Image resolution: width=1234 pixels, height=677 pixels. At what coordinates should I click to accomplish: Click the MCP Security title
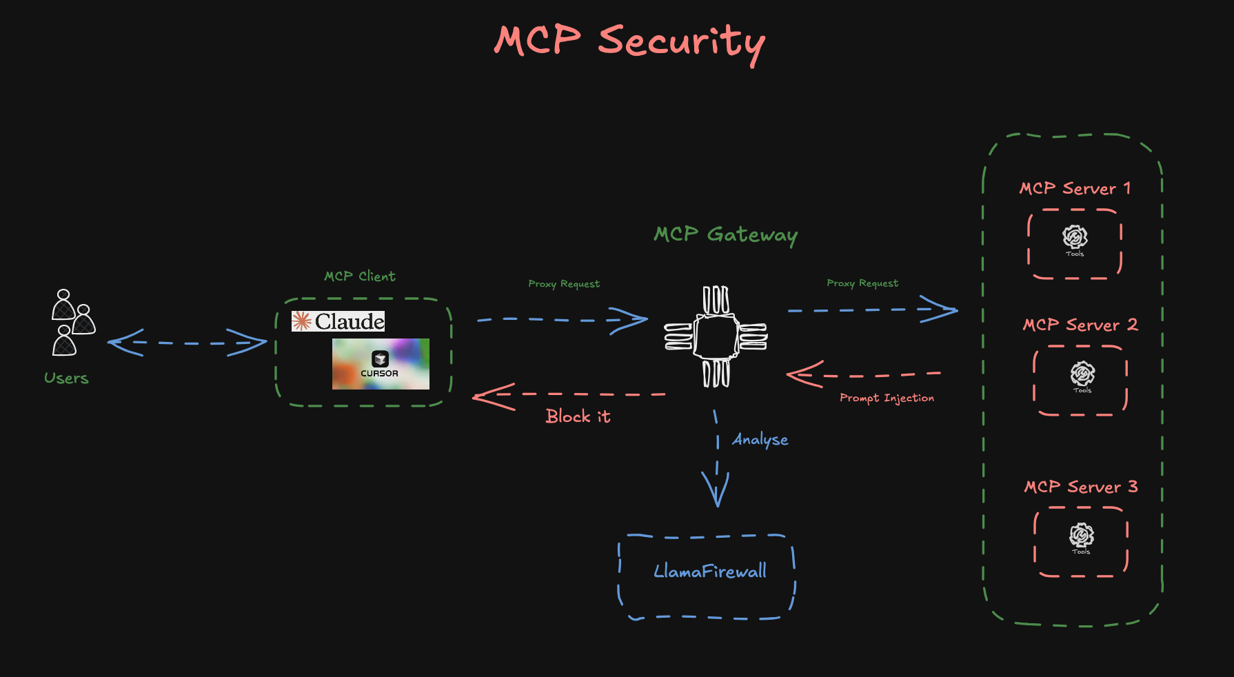pyautogui.click(x=629, y=41)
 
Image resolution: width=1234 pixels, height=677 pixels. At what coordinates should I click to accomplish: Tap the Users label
pyautogui.click(x=66, y=378)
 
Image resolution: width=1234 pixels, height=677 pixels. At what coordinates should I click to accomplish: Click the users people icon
pyautogui.click(x=72, y=323)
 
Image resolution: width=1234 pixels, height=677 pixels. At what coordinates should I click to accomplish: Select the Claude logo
pyautogui.click(x=338, y=321)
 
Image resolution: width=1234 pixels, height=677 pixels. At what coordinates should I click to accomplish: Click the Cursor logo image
pyautogui.click(x=381, y=364)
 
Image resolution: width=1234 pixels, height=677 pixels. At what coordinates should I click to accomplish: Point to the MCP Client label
pyautogui.click(x=359, y=276)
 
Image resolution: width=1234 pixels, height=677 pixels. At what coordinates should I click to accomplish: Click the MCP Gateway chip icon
pyautogui.click(x=716, y=336)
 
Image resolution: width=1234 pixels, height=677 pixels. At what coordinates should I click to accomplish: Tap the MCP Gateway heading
pyautogui.click(x=725, y=234)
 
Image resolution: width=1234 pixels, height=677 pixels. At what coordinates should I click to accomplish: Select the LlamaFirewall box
pyautogui.click(x=708, y=576)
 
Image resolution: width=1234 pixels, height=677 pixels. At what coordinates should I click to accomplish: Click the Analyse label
pyautogui.click(x=760, y=440)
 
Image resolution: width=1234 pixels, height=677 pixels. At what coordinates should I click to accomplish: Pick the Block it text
pyautogui.click(x=578, y=416)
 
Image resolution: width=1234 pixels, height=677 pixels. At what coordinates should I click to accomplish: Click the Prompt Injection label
pyautogui.click(x=887, y=398)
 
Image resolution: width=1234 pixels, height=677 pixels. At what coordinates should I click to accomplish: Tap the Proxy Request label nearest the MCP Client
pyautogui.click(x=564, y=284)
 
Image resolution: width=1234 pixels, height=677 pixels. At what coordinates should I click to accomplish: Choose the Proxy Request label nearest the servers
pyautogui.click(x=862, y=283)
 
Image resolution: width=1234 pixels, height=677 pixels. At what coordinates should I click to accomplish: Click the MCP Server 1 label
pyautogui.click(x=1075, y=188)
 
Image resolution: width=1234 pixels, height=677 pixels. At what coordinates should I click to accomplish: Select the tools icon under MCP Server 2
pyautogui.click(x=1082, y=375)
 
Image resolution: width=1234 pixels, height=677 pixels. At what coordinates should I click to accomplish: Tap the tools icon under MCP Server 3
pyautogui.click(x=1081, y=536)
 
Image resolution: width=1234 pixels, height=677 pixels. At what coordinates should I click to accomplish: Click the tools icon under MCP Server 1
pyautogui.click(x=1075, y=239)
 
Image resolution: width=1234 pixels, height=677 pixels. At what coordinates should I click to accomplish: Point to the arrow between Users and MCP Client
pyautogui.click(x=187, y=343)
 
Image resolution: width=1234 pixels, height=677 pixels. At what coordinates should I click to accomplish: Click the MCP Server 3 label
pyautogui.click(x=1080, y=487)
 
